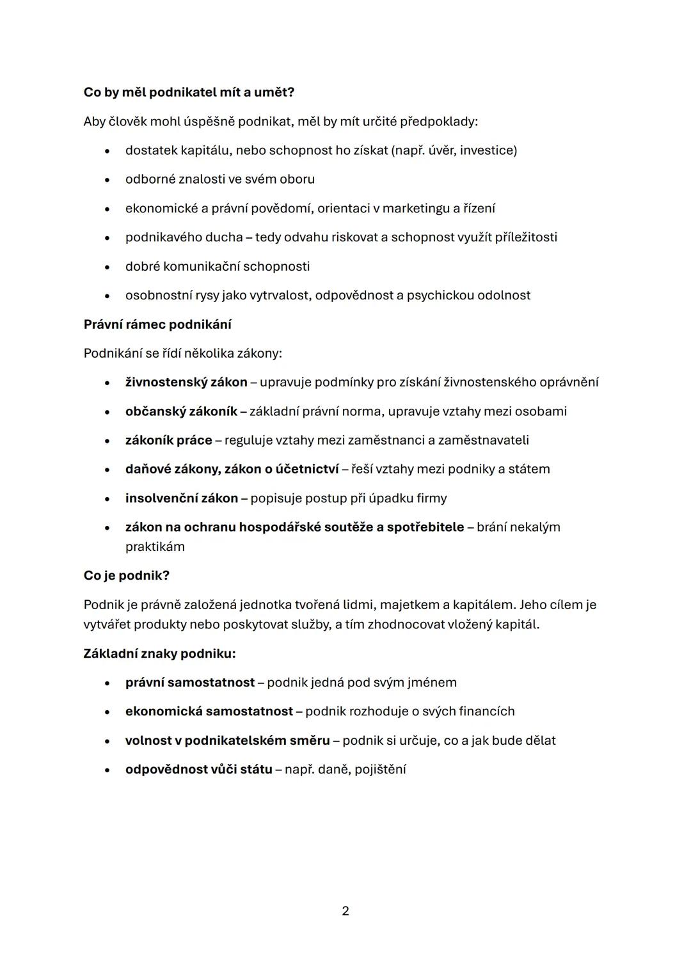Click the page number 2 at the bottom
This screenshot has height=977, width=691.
[x=345, y=910]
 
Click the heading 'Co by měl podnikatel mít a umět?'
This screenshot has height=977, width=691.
[x=189, y=92]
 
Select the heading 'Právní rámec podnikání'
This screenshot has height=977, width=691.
[x=157, y=324]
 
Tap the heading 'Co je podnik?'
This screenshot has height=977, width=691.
[x=126, y=575]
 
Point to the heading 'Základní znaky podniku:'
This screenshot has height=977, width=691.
[x=159, y=653]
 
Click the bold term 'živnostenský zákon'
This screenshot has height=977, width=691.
[x=186, y=382]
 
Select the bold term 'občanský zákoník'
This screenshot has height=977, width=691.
[x=181, y=411]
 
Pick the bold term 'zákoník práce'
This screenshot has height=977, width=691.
[x=168, y=440]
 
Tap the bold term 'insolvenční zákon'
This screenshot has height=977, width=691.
[x=182, y=498]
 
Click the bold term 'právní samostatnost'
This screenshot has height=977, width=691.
[x=190, y=682]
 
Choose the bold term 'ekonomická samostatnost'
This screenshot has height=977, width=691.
[x=209, y=711]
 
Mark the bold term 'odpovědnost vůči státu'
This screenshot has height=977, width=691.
[x=199, y=769]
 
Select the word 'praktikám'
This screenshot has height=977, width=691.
[x=155, y=546]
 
